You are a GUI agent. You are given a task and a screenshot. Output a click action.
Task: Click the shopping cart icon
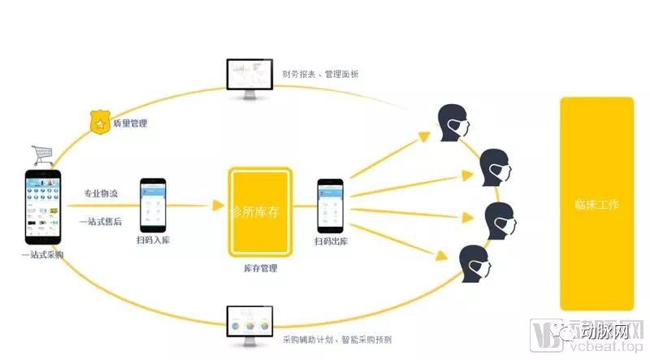tap(43, 154)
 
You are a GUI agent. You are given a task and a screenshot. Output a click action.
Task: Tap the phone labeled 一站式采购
tap(43, 206)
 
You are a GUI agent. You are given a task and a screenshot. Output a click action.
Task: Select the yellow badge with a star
tap(99, 124)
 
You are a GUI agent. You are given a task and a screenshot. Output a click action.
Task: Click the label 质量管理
tap(130, 124)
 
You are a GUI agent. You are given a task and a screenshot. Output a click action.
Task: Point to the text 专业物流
tap(101, 194)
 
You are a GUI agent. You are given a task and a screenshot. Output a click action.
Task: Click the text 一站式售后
tap(101, 220)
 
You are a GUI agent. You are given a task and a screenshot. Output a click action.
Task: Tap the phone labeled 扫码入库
tap(153, 204)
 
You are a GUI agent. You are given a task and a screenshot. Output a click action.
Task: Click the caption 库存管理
tap(260, 268)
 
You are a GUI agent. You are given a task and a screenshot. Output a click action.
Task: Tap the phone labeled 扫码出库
tap(330, 204)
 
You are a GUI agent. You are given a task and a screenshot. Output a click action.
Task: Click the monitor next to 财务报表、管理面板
tap(250, 77)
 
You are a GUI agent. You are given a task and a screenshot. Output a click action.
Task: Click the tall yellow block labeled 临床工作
tap(596, 203)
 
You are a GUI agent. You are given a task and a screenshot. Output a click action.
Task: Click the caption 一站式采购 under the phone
tap(43, 255)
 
